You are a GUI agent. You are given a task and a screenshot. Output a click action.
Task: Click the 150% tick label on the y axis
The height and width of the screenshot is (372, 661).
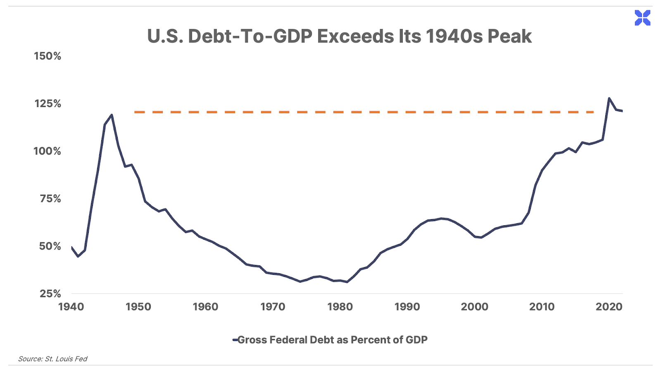[x=48, y=56]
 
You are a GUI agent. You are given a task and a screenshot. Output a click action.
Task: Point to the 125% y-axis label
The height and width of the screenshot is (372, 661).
[x=48, y=104]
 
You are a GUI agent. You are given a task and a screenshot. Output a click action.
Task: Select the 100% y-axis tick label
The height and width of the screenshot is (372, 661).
[x=47, y=151]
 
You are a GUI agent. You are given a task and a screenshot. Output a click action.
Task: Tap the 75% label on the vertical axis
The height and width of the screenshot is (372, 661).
[x=50, y=199]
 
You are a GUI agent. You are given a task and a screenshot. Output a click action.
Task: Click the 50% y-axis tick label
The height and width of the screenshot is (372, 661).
[x=50, y=246]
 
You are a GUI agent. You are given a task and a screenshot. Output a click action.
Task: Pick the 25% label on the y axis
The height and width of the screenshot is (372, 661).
[x=50, y=294]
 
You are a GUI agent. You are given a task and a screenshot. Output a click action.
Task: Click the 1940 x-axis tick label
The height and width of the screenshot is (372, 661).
[x=71, y=307]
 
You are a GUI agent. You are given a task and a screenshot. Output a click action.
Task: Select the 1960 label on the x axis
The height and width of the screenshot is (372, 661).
[x=205, y=307]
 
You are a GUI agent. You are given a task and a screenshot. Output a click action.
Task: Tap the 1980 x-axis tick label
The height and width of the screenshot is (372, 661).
[x=340, y=307]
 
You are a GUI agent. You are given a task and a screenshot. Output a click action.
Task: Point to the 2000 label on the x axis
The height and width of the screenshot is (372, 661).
[x=475, y=307]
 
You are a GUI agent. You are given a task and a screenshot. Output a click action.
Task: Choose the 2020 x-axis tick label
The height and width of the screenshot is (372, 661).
[x=609, y=307]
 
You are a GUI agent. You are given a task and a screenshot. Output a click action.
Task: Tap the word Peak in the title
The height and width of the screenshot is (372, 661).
[x=509, y=36]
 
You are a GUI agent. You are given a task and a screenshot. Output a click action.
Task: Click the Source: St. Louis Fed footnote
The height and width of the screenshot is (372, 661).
[x=52, y=359]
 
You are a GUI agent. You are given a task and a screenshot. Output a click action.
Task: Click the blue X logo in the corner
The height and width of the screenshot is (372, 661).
[x=642, y=18]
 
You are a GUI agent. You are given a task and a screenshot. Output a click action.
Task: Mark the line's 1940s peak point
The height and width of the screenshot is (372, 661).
[x=112, y=115]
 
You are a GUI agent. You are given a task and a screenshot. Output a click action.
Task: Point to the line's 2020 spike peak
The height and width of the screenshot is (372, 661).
[x=609, y=98]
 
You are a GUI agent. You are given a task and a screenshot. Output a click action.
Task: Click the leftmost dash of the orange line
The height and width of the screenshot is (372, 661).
[x=139, y=112]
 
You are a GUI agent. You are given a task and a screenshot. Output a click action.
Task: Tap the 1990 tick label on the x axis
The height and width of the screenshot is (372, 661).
[x=407, y=307]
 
